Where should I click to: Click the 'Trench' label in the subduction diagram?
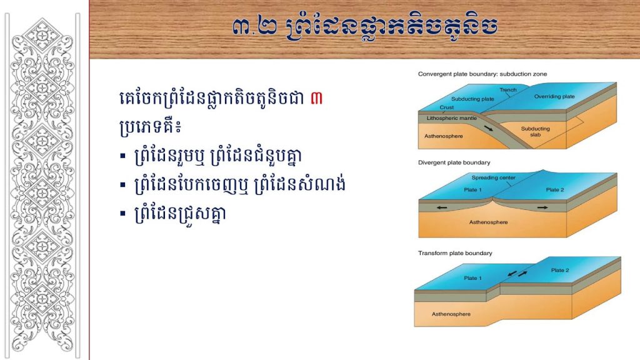tap(508, 90)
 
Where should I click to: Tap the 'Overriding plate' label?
tap(554, 97)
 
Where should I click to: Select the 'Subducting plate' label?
tap(472, 99)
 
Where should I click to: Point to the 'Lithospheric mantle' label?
tap(452, 118)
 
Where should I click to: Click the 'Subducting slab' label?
tap(536, 131)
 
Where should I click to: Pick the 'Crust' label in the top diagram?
tap(446, 107)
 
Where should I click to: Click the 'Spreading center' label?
tap(494, 177)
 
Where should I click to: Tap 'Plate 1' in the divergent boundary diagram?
tap(472, 190)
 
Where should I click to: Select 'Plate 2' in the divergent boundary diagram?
tap(555, 190)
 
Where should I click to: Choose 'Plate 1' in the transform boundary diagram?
tap(472, 278)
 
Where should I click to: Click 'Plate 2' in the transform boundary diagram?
tap(560, 270)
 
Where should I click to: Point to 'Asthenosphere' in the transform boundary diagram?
tap(451, 314)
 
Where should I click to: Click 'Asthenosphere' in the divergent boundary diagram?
tap(488, 222)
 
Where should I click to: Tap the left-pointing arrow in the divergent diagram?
tap(442, 207)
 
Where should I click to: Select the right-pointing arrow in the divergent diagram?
tap(542, 207)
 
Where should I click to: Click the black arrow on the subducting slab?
tap(489, 128)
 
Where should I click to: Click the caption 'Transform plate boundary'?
tap(455, 253)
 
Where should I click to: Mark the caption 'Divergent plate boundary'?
tap(454, 162)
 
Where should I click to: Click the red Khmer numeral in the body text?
tap(316, 98)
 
